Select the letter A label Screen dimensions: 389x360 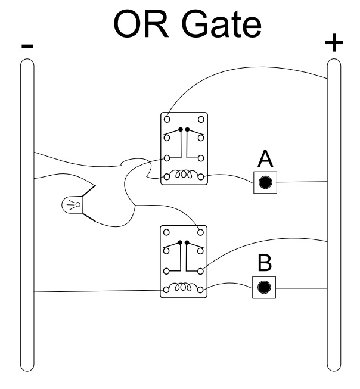coord(265,160)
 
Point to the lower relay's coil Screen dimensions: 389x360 coord(184,289)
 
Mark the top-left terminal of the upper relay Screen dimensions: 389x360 coord(168,119)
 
